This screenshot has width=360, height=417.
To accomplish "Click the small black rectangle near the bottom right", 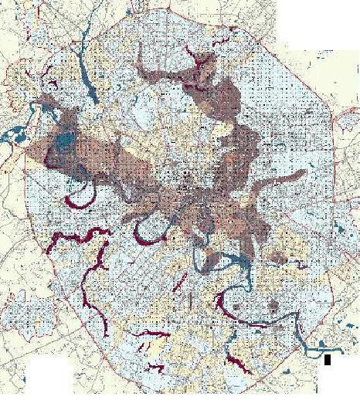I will click(328, 359).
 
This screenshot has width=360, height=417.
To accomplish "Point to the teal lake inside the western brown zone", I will click(63, 144).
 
